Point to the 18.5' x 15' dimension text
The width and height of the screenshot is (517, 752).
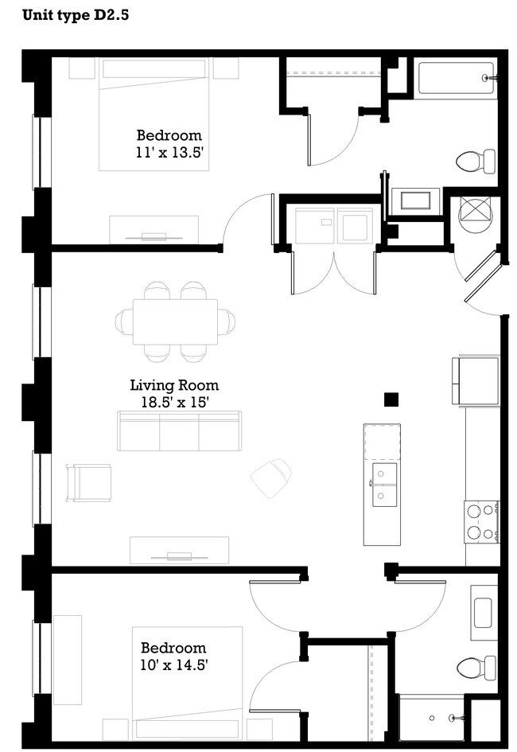click(x=169, y=403)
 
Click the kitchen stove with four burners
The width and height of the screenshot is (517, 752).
click(x=481, y=521)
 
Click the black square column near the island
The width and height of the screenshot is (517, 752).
click(x=391, y=400)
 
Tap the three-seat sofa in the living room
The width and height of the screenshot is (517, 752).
click(x=178, y=431)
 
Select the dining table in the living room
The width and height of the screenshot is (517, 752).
click(x=175, y=321)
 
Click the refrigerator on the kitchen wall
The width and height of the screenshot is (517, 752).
click(x=475, y=381)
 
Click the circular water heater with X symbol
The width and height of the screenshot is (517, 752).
click(x=476, y=213)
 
